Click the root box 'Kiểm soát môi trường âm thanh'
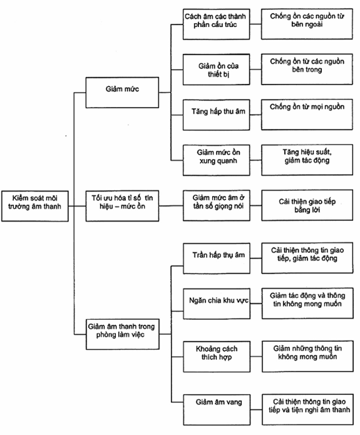(35, 206)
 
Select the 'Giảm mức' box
(122, 93)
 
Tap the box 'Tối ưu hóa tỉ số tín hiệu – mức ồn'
(122, 205)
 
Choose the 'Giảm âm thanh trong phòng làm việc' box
(123, 334)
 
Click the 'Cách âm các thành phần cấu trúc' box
(216, 24)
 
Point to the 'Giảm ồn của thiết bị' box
(216, 69)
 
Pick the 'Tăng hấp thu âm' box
(216, 115)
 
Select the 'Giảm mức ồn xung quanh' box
(216, 160)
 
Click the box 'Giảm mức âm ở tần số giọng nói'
(217, 205)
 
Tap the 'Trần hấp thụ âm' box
(217, 258)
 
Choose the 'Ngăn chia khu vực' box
(217, 304)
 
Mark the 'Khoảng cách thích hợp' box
(217, 357)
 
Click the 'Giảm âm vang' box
(217, 410)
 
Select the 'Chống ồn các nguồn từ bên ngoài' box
(307, 24)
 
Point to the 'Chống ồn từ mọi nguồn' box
(307, 115)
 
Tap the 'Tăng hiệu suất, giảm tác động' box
(307, 160)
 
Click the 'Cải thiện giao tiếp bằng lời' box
(307, 205)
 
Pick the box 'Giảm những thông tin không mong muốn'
(308, 356)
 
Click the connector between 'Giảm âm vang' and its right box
(256, 409)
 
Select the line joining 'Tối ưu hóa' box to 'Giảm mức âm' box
(171, 206)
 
